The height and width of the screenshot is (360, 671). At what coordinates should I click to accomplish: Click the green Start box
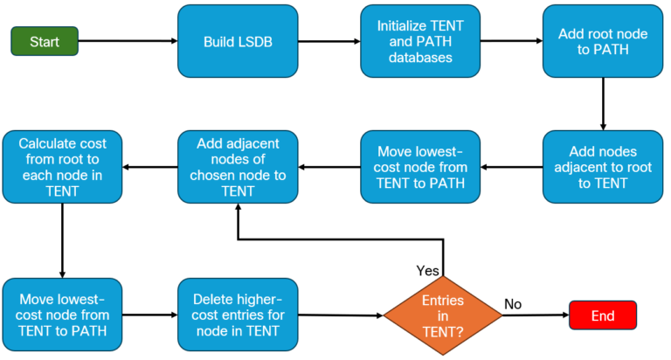(x=45, y=41)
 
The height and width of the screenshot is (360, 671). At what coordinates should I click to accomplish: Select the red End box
(x=603, y=315)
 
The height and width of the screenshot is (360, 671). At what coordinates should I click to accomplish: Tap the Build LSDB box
(x=239, y=41)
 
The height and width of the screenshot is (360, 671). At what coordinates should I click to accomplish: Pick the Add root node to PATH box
(x=602, y=41)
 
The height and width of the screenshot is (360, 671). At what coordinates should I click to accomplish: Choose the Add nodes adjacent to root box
(x=602, y=167)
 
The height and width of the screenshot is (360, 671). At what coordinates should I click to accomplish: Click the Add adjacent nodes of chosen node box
(x=239, y=167)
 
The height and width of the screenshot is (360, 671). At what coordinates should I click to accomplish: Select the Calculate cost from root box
(x=61, y=167)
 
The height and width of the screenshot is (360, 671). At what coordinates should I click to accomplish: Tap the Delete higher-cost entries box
(x=239, y=315)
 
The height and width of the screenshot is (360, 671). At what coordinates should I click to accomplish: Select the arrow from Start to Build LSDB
(x=128, y=41)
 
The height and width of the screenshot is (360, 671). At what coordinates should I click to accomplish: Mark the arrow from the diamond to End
(x=536, y=315)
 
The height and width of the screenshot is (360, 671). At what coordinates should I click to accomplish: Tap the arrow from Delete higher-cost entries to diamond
(x=341, y=315)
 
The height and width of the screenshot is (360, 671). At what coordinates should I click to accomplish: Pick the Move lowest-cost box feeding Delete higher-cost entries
(x=61, y=315)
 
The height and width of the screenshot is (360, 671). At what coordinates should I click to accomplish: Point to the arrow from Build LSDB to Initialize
(x=330, y=41)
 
